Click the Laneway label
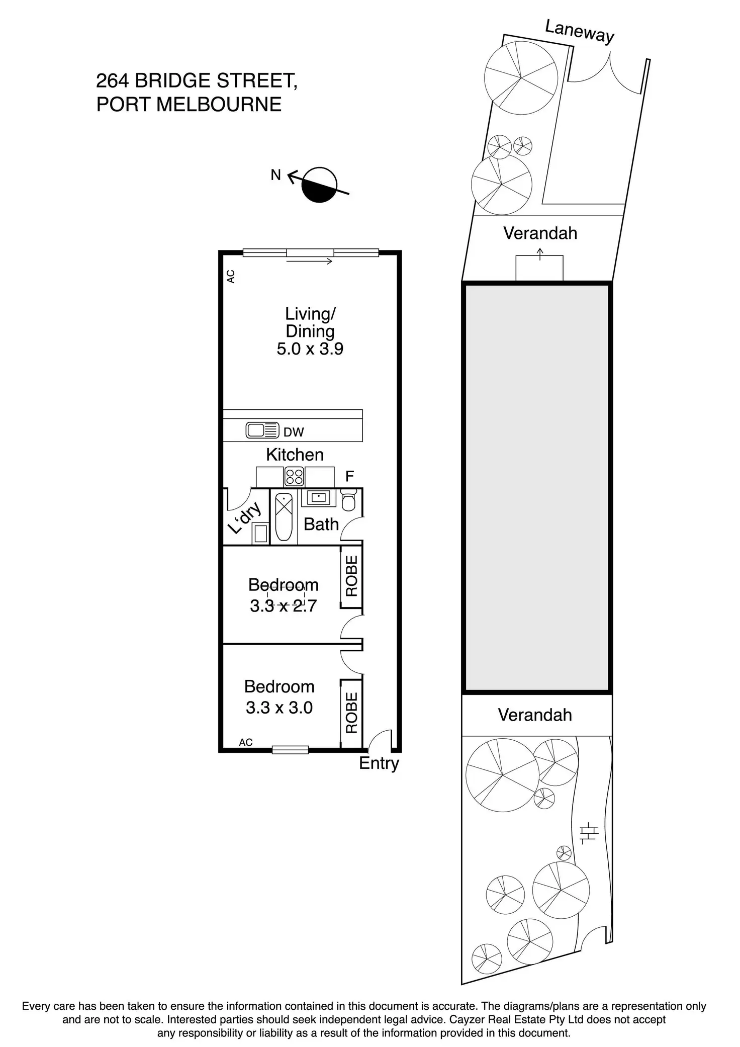(580, 32)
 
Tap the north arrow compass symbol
(319, 185)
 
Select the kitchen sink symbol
(262, 430)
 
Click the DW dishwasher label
(294, 432)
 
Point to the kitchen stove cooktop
(294, 477)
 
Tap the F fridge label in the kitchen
(349, 476)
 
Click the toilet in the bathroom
(348, 499)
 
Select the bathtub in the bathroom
(284, 517)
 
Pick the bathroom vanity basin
(318, 498)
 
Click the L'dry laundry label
(245, 517)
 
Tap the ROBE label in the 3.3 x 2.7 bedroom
(351, 576)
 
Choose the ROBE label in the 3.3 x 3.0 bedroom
(351, 713)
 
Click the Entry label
(379, 764)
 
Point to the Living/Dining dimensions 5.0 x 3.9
(310, 348)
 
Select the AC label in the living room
(231, 276)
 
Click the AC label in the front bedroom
(246, 742)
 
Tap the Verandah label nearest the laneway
(540, 233)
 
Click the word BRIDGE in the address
(174, 80)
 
